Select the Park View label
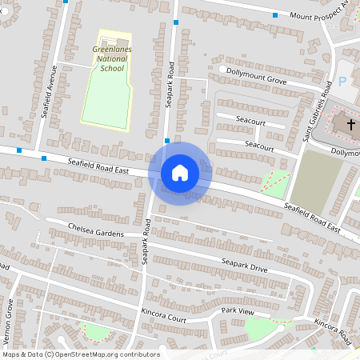click(238, 310)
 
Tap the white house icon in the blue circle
click(179, 172)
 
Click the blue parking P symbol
click(343, 82)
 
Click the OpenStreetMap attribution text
click(80, 354)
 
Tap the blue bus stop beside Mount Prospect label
click(275, 15)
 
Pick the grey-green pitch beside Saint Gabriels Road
click(314, 181)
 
